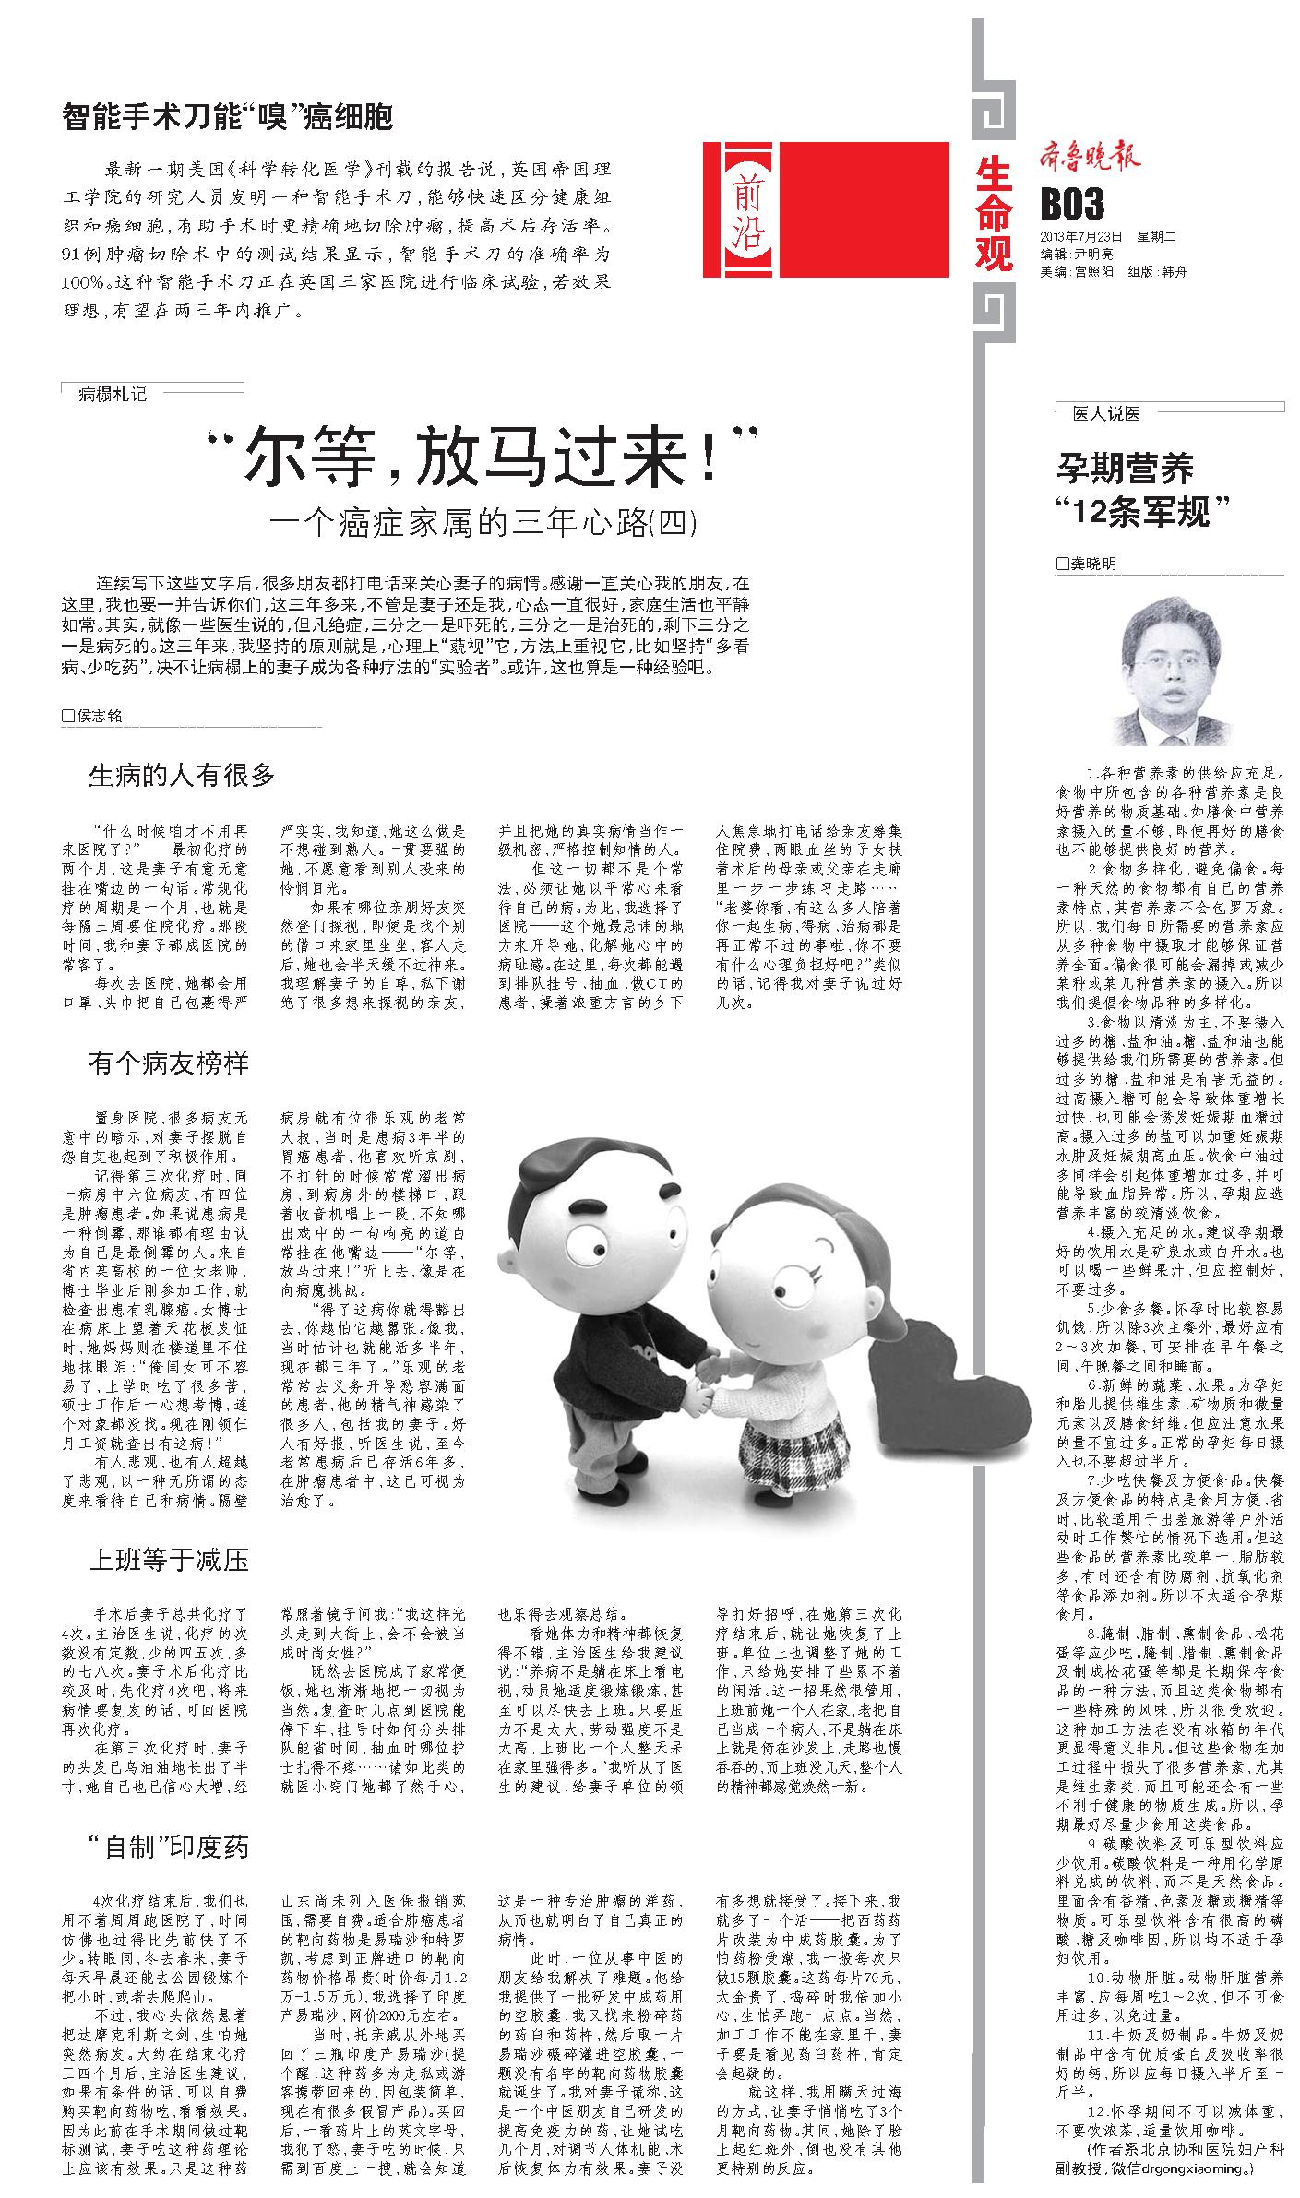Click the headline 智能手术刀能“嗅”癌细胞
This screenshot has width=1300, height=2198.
point(227,116)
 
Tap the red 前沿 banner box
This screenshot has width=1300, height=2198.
point(826,209)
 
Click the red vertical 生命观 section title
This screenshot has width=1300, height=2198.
point(994,213)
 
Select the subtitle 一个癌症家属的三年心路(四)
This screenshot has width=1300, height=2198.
point(483,524)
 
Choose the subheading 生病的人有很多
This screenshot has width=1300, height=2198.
point(182,774)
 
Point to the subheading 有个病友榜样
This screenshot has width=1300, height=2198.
point(169,1063)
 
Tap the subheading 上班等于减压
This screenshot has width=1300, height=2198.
point(169,1560)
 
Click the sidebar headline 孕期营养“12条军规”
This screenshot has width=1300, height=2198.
point(1144,489)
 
